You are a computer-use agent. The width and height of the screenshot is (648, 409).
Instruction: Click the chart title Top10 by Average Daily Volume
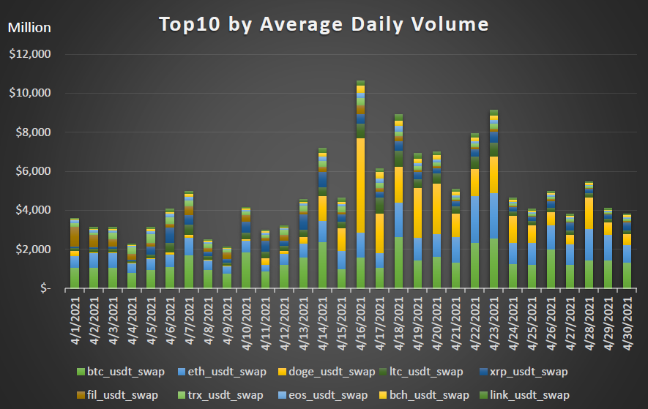324,24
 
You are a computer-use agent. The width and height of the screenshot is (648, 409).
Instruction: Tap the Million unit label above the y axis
29,28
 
